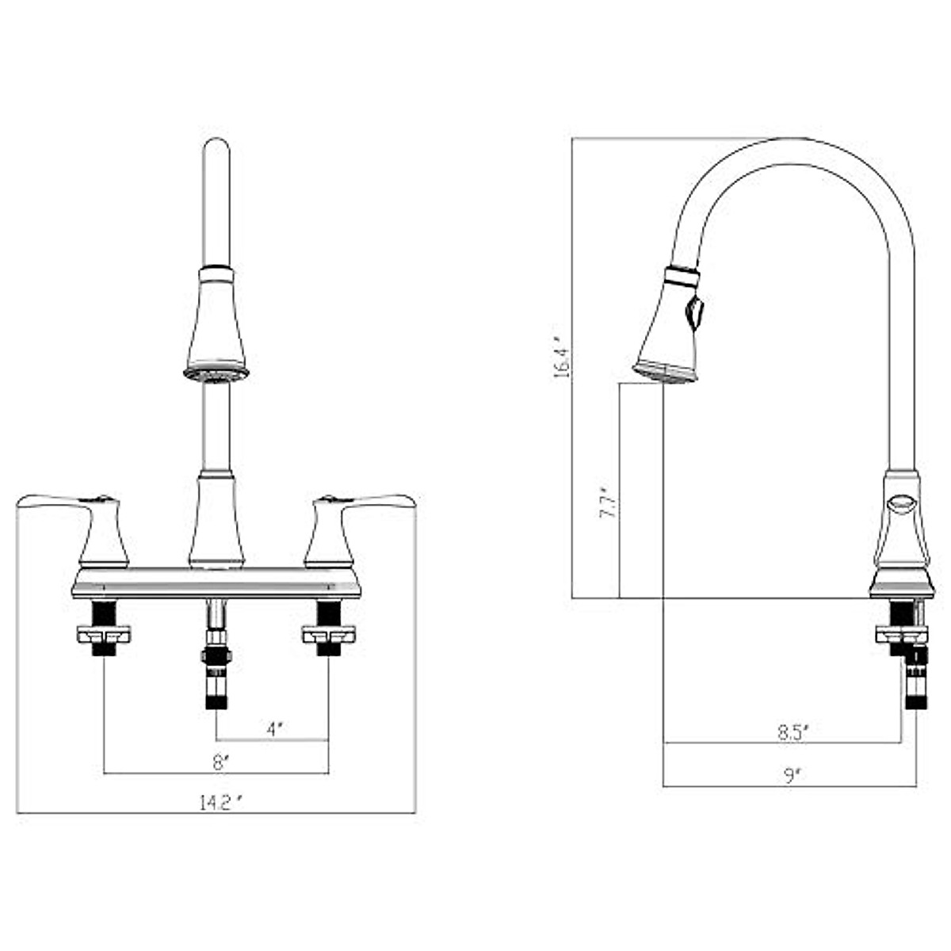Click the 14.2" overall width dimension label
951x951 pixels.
tap(221, 804)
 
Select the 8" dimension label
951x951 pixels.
tap(219, 764)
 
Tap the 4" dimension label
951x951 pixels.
tap(275, 729)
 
